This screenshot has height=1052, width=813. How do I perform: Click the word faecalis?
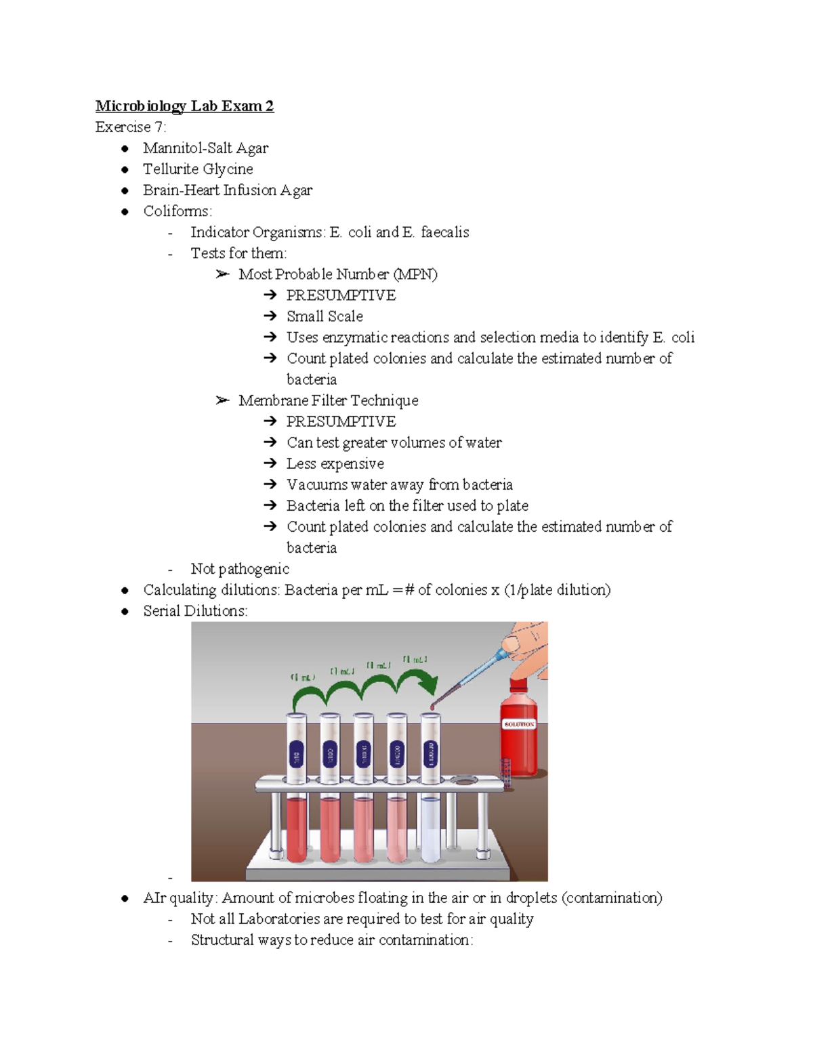pos(444,232)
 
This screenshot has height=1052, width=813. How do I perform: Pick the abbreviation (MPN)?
pos(415,274)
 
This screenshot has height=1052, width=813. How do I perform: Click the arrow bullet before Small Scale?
pos(270,316)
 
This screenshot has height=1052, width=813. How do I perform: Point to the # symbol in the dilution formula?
pos(409,589)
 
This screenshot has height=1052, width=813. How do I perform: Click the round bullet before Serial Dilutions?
pos(125,611)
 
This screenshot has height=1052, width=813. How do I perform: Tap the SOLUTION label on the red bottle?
pos(519,724)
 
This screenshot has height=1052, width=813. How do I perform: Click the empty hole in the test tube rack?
pos(464,781)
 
